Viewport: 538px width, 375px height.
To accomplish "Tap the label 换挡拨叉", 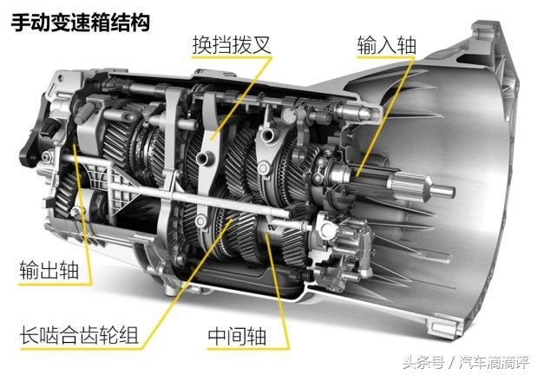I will point(232,44).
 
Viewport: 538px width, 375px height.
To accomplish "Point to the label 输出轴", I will point(50,271).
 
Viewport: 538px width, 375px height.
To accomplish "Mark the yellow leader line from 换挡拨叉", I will point(221,95).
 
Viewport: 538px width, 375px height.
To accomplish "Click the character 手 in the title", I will point(20,21).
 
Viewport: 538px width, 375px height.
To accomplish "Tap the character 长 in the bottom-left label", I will point(30,334).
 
